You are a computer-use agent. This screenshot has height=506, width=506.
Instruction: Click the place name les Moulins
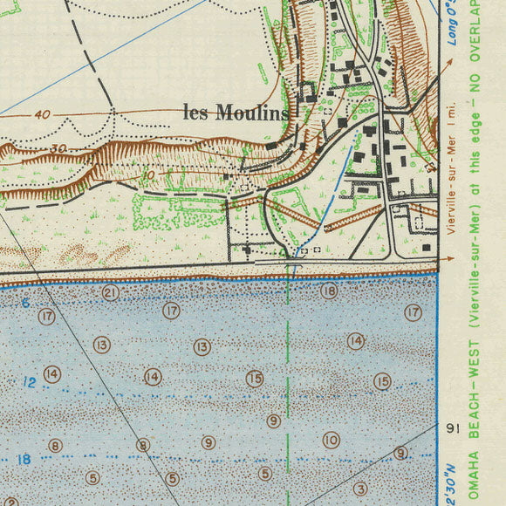point(236,112)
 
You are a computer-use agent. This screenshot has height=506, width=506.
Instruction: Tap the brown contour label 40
point(43,114)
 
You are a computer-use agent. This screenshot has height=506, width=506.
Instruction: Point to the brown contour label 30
point(58,148)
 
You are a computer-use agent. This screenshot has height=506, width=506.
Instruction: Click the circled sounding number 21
point(110,293)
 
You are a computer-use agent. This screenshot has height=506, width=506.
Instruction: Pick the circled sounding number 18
point(328,291)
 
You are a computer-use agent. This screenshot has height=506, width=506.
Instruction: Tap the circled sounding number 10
point(331,441)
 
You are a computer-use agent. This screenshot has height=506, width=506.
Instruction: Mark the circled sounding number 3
point(360,489)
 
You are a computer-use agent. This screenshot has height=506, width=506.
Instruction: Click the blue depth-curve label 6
point(26,304)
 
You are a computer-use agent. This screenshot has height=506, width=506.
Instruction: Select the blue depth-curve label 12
point(30,382)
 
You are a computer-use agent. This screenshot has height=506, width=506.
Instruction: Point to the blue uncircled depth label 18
point(24,459)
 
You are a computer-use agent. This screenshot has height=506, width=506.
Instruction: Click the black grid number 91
point(451,428)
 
